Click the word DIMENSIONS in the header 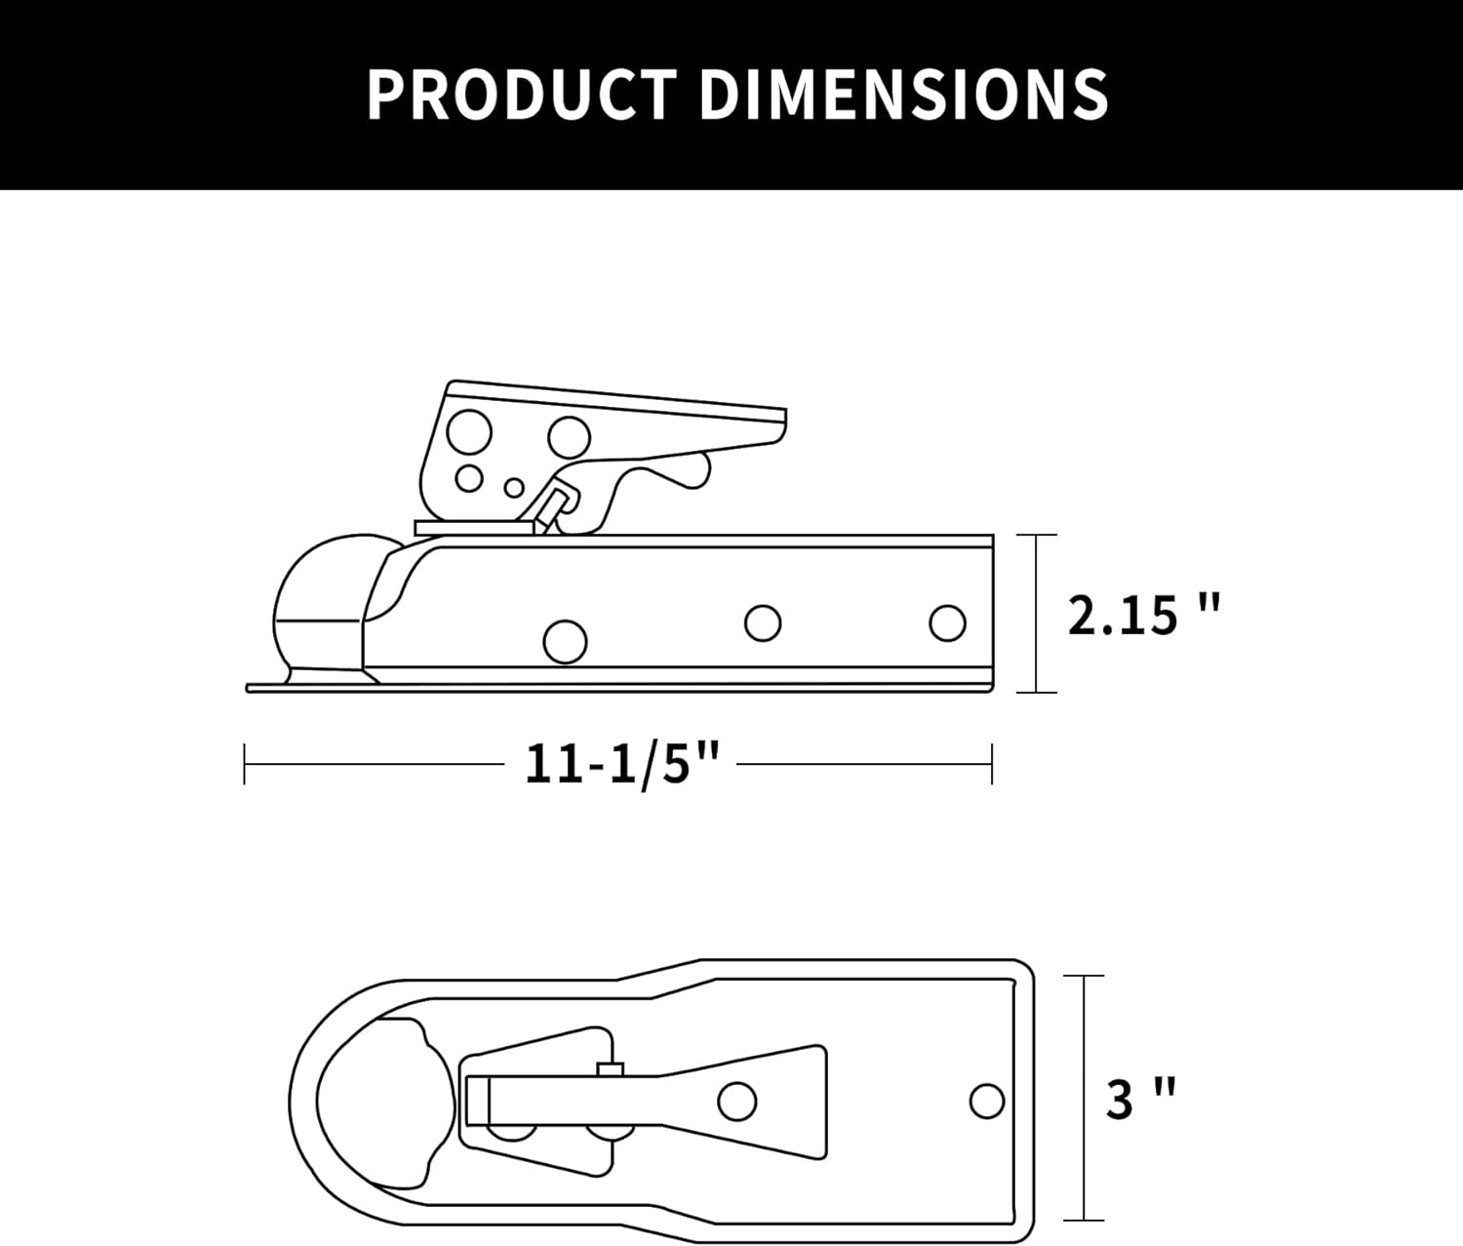coord(904,95)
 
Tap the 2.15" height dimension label coord(1144,615)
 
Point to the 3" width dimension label coord(1140,1100)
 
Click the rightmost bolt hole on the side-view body coord(947,623)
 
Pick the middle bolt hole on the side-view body coord(763,623)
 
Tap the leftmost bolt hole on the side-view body coord(565,642)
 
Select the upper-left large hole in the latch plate coord(469,431)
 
